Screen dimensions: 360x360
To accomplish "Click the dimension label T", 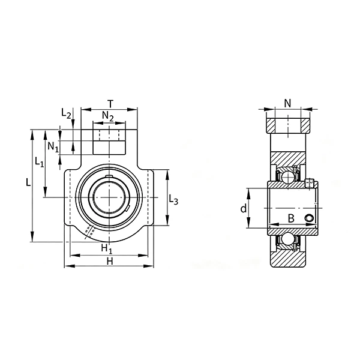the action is [110, 104].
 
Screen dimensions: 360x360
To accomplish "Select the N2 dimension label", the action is [108, 116].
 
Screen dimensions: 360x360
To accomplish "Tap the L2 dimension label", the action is [66, 113].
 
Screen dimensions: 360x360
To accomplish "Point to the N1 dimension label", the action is [53, 147].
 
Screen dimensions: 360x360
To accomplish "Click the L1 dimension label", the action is [39, 162].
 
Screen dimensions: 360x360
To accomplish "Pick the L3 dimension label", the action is [173, 199].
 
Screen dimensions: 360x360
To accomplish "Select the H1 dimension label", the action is [107, 248].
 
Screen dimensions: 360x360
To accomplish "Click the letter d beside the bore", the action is [244, 209].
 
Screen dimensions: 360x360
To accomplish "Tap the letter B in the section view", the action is [291, 218].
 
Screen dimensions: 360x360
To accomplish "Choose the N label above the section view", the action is [287, 103].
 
